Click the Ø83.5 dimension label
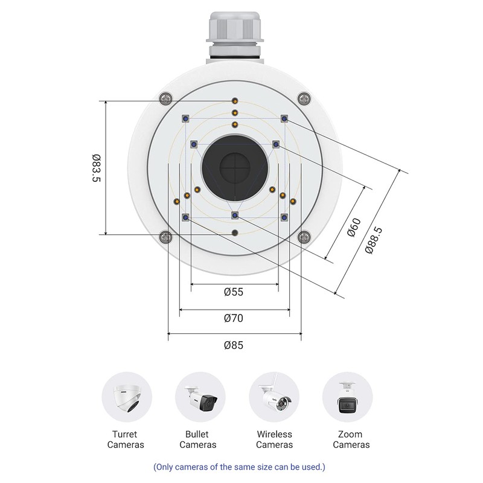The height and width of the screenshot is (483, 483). (95, 168)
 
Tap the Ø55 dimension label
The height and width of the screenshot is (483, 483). (234, 292)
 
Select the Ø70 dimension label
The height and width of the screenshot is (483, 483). (234, 318)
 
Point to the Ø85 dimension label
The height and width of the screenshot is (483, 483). (234, 345)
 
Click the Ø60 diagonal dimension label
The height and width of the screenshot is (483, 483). (354, 229)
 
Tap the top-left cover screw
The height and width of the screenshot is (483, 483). (165, 98)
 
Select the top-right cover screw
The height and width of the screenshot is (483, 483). (304, 98)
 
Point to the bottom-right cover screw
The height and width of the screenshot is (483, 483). (304, 237)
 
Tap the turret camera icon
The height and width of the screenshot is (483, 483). (127, 397)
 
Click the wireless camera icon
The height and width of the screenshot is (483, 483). (274, 397)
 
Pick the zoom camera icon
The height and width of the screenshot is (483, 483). (347, 397)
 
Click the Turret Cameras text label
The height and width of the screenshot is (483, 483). (126, 440)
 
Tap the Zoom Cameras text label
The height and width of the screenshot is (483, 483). (351, 440)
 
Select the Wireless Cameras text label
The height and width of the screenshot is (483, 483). (274, 440)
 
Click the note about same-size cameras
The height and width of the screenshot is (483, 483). (239, 467)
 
